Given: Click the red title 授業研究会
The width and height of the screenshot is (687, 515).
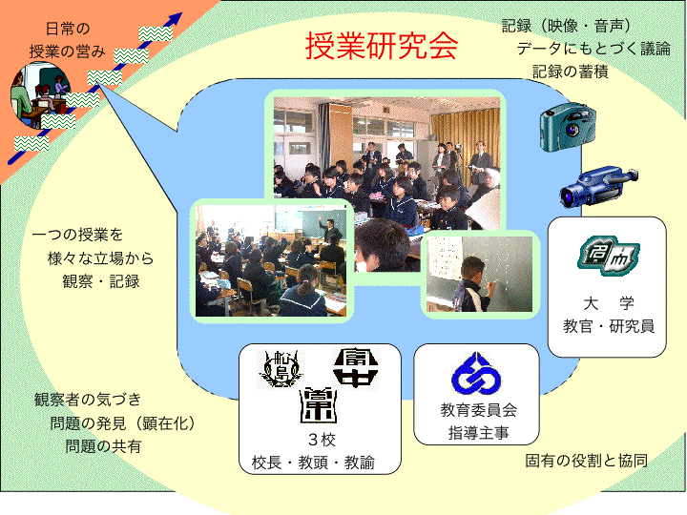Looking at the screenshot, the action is pyautogui.click(x=381, y=45).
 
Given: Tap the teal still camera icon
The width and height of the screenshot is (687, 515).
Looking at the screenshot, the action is pyautogui.click(x=568, y=127).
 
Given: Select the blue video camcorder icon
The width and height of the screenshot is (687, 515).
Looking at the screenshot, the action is pyautogui.click(x=598, y=186).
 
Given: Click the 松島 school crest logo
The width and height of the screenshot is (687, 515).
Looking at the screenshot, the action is pyautogui.click(x=280, y=369).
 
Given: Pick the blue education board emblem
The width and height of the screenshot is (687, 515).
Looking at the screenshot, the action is pyautogui.click(x=476, y=374).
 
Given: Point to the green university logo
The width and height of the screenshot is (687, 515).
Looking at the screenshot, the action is pyautogui.click(x=608, y=256).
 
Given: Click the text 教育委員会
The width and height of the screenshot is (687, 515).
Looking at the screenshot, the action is pyautogui.click(x=478, y=410).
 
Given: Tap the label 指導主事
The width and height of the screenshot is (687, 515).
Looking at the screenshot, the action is pyautogui.click(x=478, y=433).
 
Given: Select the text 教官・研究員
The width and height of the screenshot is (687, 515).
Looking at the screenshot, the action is pyautogui.click(x=609, y=326).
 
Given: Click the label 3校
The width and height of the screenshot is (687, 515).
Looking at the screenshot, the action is pyautogui.click(x=323, y=440).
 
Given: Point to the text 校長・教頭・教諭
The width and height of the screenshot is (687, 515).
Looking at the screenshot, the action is pyautogui.click(x=313, y=463).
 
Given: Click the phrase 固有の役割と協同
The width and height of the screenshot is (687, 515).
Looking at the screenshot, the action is pyautogui.click(x=586, y=461).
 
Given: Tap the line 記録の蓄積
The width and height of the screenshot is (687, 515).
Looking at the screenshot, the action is pyautogui.click(x=570, y=72).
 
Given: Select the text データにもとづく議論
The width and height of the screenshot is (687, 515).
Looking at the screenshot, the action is pyautogui.click(x=593, y=49).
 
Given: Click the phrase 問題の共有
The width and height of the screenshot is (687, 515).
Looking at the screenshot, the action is pyautogui.click(x=103, y=446).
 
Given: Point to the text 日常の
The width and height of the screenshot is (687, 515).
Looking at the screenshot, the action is pyautogui.click(x=68, y=29).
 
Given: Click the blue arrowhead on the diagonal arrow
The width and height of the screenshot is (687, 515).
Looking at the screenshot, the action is pyautogui.click(x=176, y=18).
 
